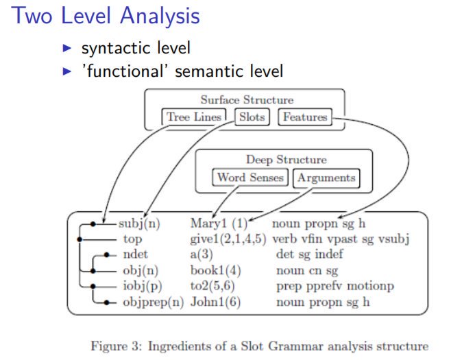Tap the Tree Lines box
(x=194, y=117)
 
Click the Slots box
(x=252, y=117)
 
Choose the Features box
(x=304, y=117)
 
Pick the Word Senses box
(x=250, y=178)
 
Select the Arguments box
(x=326, y=178)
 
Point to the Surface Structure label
(x=247, y=100)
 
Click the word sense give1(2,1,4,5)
(x=229, y=239)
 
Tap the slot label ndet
(x=133, y=254)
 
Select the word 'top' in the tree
(x=132, y=239)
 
